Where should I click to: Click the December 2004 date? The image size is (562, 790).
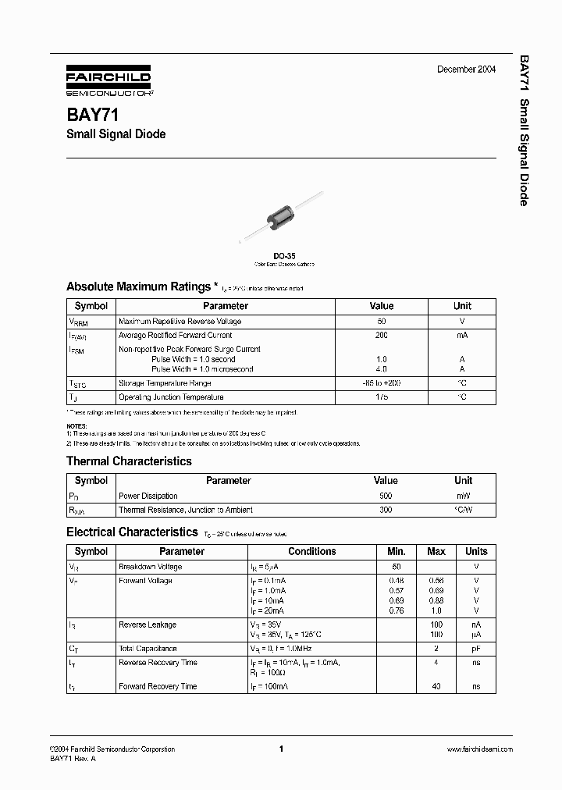click(466, 70)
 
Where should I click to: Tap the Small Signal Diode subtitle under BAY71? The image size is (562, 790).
click(116, 134)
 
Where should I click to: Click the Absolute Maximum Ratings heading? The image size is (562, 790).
click(138, 286)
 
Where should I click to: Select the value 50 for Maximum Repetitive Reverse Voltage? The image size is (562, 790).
click(381, 321)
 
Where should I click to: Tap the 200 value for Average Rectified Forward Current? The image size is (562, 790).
click(381, 335)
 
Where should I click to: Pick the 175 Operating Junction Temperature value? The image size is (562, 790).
click(381, 397)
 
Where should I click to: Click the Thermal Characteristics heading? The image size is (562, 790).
click(129, 461)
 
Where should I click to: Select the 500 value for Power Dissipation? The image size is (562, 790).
click(385, 496)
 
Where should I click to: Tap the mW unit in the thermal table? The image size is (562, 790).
click(463, 496)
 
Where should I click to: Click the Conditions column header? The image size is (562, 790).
click(311, 551)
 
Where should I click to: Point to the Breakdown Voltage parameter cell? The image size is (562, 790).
click(150, 567)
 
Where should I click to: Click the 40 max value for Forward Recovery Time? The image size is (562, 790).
click(436, 687)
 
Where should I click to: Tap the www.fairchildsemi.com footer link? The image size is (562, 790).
click(479, 749)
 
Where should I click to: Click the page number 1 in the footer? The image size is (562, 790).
click(280, 749)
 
